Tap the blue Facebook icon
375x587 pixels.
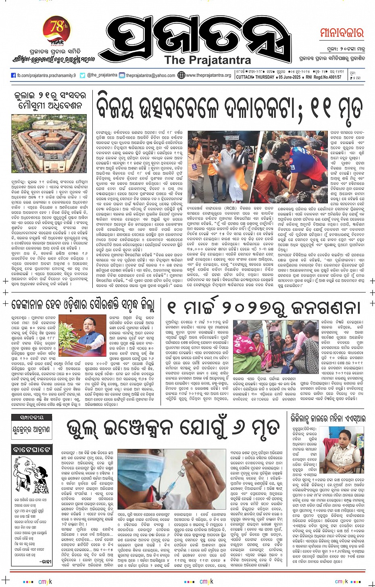13,75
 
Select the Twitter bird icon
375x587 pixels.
82,75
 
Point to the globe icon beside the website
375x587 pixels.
181,75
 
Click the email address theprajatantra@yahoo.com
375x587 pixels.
150,75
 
